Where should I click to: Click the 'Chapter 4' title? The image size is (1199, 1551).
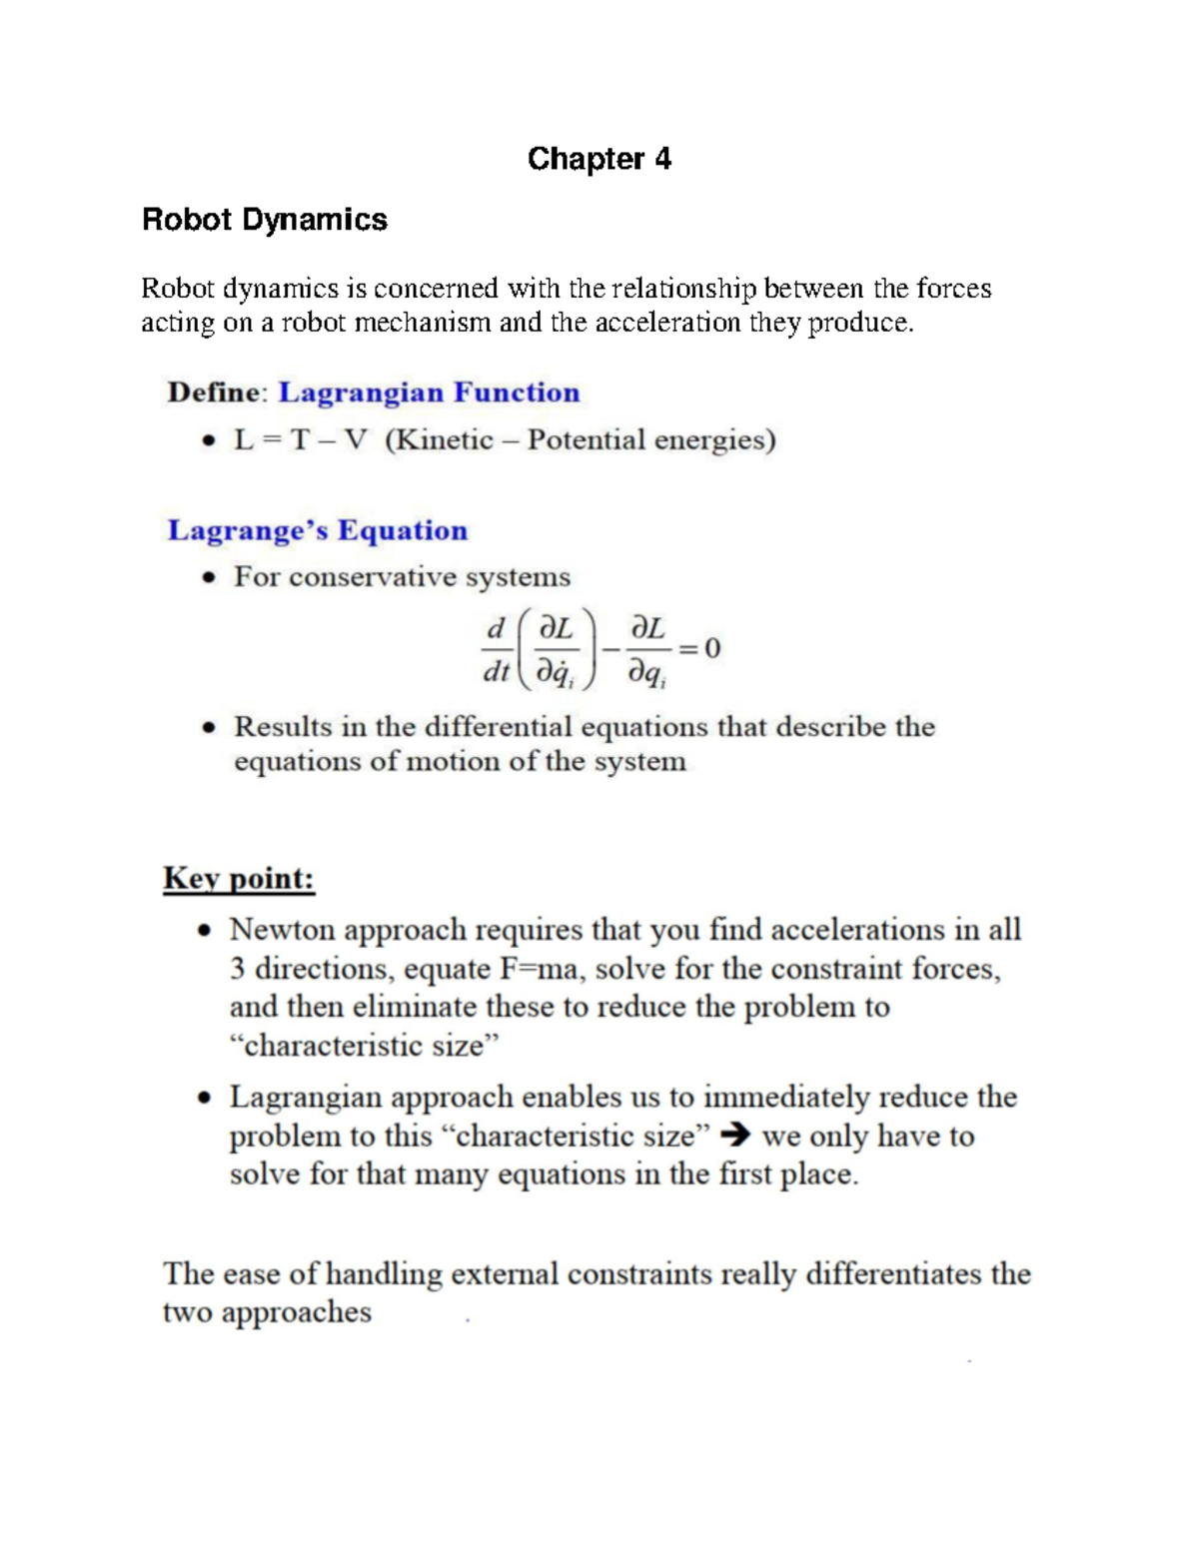599,159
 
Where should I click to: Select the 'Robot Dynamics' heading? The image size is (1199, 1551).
264,220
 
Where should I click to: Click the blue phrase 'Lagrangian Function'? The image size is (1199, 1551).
429,392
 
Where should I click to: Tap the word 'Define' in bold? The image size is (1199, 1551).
214,392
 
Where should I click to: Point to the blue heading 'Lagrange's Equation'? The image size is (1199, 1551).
317,530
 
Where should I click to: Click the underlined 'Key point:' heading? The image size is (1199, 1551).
239,879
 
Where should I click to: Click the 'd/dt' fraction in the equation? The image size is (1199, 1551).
496,650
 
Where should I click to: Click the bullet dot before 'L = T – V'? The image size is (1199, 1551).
208,441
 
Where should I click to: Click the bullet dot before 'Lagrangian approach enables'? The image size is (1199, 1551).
204,1099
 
